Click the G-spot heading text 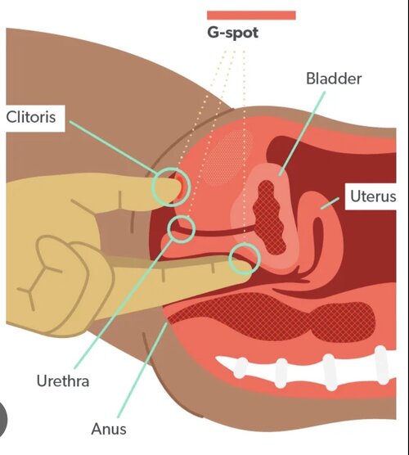coord(232,33)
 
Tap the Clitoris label coord(31,117)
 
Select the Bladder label coord(334,79)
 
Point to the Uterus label coord(373,196)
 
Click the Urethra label coord(63,381)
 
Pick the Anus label coord(109,429)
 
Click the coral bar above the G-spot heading coord(251,15)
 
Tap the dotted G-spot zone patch coord(227,157)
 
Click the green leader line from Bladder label coord(302,133)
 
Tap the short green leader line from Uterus coord(330,203)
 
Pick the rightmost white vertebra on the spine coord(382,365)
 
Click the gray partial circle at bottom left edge coord(2,419)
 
